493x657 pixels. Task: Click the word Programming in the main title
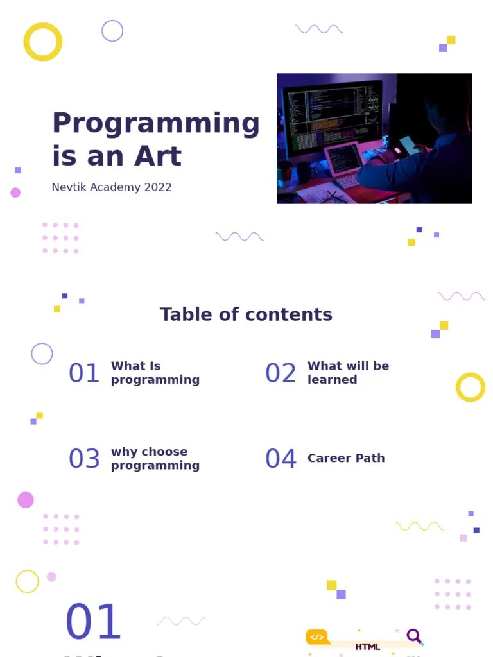[155, 124]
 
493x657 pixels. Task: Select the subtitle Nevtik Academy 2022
[112, 187]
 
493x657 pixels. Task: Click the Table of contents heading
[246, 314]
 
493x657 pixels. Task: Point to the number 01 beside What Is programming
[84, 373]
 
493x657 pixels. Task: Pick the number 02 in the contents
[281, 373]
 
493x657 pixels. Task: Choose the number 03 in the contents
[84, 459]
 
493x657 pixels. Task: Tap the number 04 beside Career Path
[281, 459]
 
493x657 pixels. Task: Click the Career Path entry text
[346, 458]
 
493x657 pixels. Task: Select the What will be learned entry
[348, 373]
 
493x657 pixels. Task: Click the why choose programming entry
[155, 459]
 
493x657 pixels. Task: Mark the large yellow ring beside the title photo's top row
[43, 42]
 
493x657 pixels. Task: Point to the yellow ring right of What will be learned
[471, 387]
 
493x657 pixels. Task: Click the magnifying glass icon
[415, 636]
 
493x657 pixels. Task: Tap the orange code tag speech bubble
[317, 637]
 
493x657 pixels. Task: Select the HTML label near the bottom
[368, 647]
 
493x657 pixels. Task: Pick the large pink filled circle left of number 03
[26, 500]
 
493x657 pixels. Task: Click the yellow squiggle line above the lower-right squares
[419, 526]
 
